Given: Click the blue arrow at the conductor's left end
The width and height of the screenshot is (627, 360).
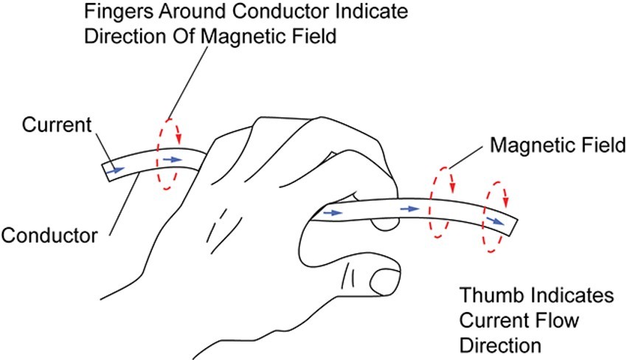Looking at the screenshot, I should pyautogui.click(x=114, y=170).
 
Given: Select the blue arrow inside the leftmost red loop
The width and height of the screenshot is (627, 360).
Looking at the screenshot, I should pyautogui.click(x=170, y=159).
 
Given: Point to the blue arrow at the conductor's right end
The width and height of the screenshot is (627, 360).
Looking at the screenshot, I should pyautogui.click(x=496, y=220).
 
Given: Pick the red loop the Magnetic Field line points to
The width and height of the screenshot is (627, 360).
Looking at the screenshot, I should pyautogui.click(x=441, y=203).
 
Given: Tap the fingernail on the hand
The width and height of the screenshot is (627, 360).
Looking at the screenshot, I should pyautogui.click(x=384, y=280).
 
